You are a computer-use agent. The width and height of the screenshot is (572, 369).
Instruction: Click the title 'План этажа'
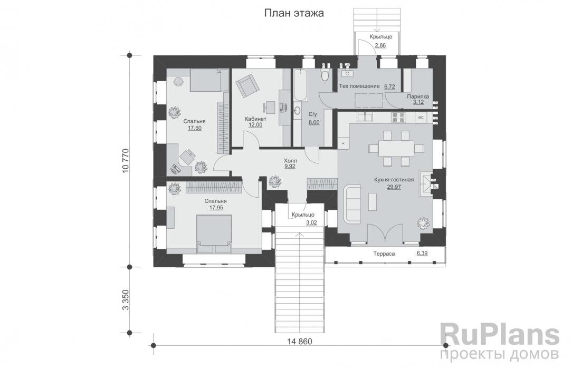(294, 14)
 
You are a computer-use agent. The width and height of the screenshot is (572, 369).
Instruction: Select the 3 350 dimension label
(126, 299)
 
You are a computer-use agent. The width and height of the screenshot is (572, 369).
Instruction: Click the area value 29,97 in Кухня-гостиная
(394, 187)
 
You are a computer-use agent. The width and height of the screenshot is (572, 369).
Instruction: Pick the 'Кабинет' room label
(255, 119)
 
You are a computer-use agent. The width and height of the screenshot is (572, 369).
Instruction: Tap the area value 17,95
(216, 208)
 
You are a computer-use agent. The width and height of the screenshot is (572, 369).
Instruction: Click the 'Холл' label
(290, 160)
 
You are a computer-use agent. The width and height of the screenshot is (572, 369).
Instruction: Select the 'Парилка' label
(418, 96)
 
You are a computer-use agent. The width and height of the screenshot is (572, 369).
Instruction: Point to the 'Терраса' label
(384, 254)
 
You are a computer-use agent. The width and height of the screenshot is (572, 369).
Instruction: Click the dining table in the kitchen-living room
(396, 148)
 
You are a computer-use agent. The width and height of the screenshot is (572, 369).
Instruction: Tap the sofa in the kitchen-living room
(352, 203)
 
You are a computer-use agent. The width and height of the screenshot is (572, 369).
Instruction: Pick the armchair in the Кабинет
(247, 85)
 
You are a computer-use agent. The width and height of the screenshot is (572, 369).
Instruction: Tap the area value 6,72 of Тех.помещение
(389, 86)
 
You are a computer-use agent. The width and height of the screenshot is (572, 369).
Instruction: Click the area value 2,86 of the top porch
(380, 45)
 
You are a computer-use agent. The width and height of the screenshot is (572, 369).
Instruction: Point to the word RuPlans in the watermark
(499, 334)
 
